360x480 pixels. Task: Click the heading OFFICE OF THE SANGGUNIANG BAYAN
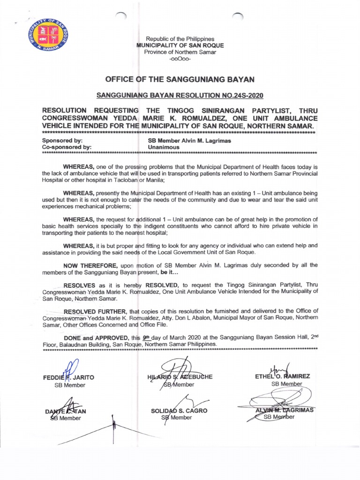[180, 79]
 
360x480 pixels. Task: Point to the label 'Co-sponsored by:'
[67, 147]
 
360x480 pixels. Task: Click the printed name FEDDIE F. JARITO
[69, 377]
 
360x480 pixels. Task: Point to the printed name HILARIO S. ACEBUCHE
[179, 377]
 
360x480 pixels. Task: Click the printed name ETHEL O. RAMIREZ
[283, 376]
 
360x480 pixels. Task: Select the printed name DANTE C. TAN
[65, 411]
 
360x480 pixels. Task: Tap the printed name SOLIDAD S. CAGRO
[179, 411]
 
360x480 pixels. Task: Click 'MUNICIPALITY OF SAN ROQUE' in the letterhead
[180, 45]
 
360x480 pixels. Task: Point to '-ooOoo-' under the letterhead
[180, 59]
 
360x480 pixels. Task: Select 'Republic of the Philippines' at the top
[180, 38]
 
